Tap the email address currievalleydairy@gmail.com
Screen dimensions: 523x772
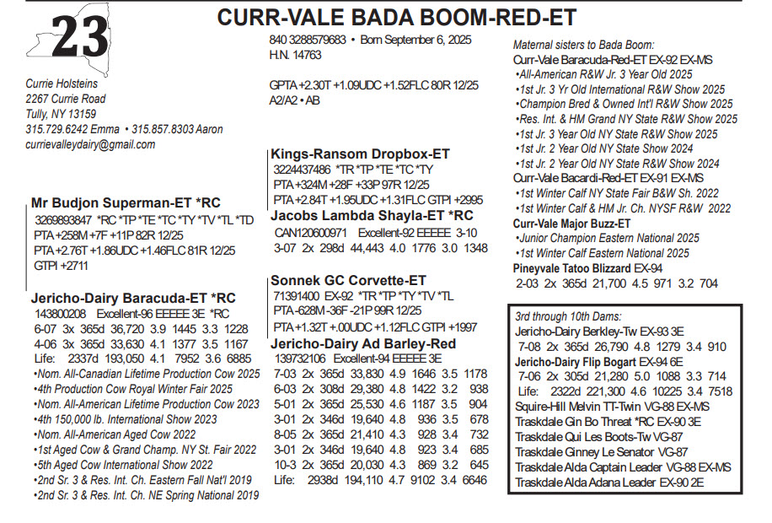pos(90,145)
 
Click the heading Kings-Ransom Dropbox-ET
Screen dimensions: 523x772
pos(360,154)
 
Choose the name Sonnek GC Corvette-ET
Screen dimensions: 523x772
pos(348,281)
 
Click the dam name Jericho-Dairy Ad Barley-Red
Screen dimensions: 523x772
pos(363,344)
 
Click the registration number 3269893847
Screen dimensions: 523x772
pos(64,219)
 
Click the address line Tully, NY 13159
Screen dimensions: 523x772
pos(61,114)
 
